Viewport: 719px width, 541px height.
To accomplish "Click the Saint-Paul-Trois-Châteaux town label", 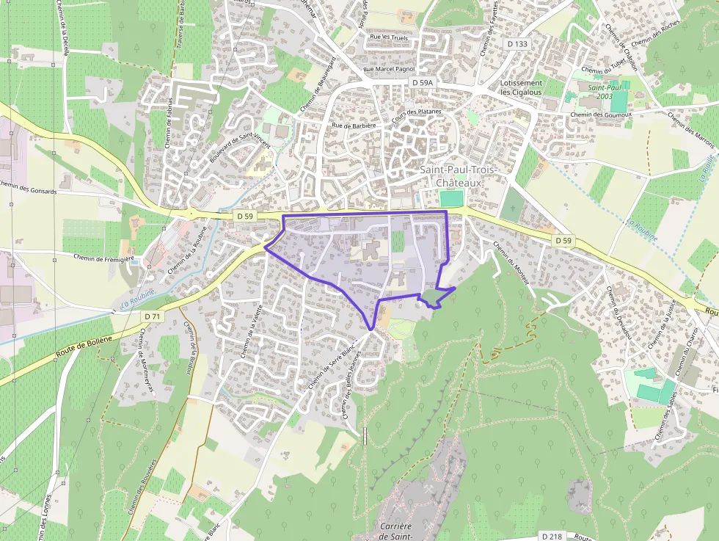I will click(x=458, y=176).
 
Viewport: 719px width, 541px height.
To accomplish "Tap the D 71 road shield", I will click(x=152, y=316).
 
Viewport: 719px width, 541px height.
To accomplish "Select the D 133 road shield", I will click(x=517, y=44).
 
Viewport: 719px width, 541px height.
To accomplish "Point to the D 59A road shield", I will click(x=423, y=83).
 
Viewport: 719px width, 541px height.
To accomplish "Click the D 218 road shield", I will click(x=552, y=537).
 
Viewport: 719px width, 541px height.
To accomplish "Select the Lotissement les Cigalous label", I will click(x=520, y=88).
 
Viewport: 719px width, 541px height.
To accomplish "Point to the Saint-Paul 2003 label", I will click(x=604, y=92).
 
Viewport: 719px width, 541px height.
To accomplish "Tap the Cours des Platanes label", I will click(x=416, y=117).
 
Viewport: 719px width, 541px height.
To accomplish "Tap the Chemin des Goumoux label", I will click(x=600, y=115).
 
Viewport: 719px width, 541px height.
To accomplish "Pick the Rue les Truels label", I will click(x=390, y=37).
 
